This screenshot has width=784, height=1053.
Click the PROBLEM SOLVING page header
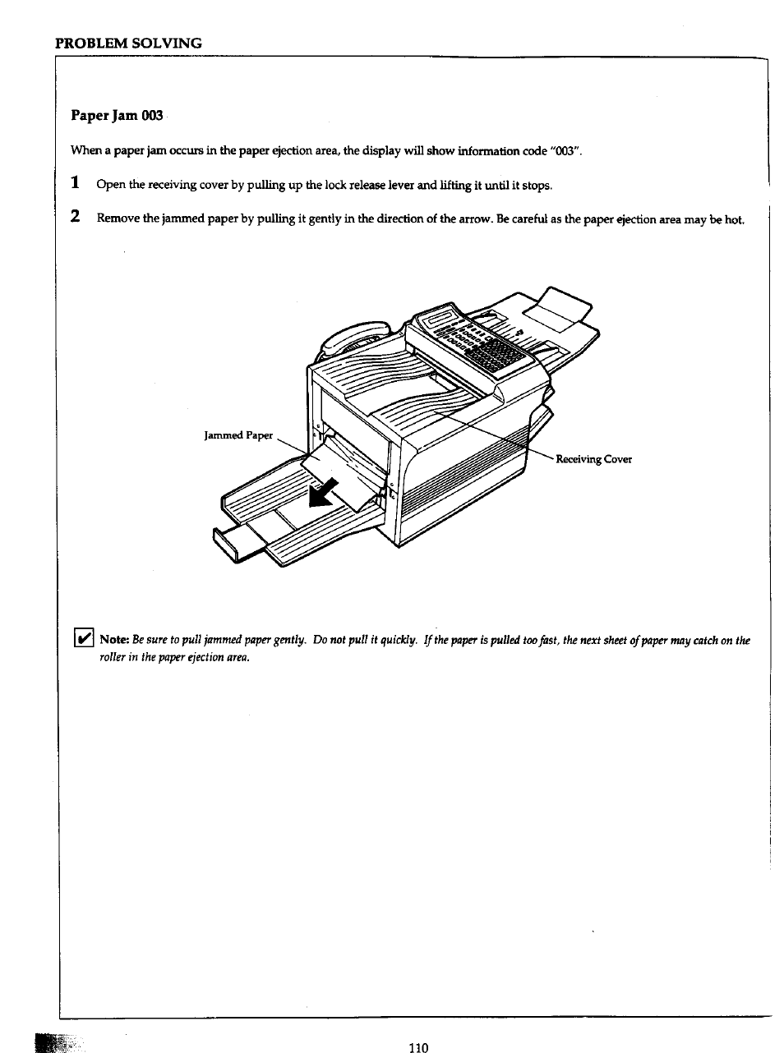128,43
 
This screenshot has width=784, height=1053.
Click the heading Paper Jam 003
117,115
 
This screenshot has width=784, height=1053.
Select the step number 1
75,183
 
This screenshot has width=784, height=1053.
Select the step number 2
75,217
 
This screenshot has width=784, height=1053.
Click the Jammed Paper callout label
238,435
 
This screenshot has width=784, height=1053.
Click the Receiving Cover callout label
593,459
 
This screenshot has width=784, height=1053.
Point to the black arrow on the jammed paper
321,493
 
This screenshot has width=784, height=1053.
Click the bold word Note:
114,640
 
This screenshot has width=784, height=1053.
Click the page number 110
417,1046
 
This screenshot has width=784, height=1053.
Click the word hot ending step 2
734,219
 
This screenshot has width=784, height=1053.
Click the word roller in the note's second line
113,657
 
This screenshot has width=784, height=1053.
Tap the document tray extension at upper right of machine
559,308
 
